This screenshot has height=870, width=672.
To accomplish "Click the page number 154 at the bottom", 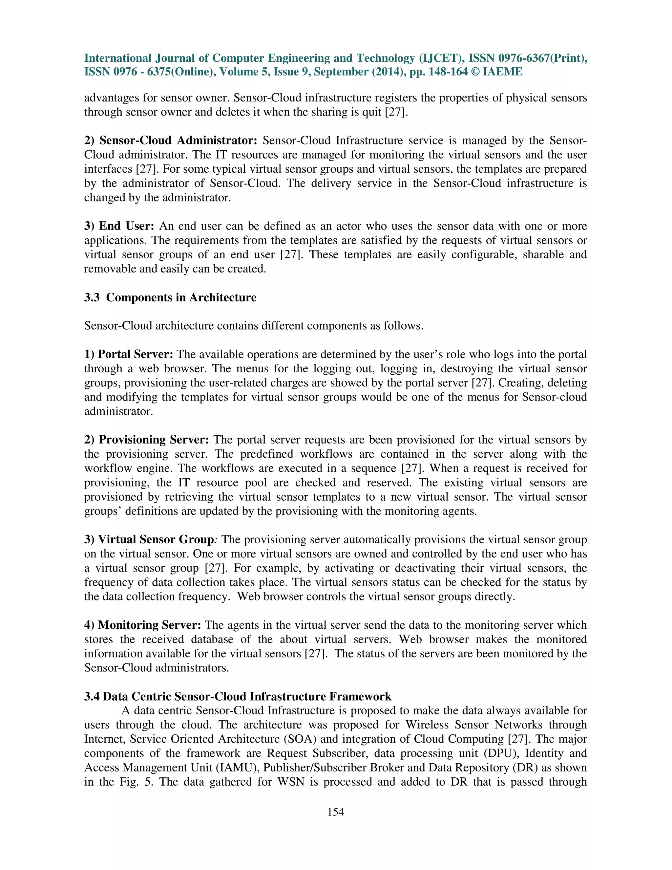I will pos(335,812).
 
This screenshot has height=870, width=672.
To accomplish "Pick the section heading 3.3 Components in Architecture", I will pos(170,297).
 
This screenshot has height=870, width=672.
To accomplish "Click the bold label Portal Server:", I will pos(129,355).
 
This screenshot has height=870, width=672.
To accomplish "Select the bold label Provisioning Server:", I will pos(146,440).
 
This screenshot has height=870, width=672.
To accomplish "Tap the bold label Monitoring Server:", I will pos(142,625).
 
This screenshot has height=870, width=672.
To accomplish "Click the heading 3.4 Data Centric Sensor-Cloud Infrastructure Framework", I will pos(238,697).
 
